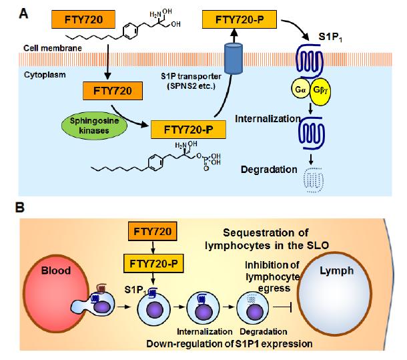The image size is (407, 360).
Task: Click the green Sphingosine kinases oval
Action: tap(94, 126)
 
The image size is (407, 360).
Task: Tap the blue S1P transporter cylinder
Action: tap(234, 59)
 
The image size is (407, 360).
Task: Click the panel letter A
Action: tap(23, 13)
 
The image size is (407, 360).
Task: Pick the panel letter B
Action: tap(20, 208)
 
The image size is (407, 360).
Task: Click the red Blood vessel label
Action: tap(56, 271)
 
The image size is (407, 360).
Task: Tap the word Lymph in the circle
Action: tap(336, 271)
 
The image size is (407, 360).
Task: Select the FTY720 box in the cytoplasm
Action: tap(113, 91)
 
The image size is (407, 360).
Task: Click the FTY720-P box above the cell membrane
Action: tap(240, 19)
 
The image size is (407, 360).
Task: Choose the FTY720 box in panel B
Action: tap(153, 231)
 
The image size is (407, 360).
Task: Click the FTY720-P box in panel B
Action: tap(153, 264)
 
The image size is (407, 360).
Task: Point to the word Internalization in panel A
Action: tap(268, 119)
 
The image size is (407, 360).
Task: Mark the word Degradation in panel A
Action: tap(269, 170)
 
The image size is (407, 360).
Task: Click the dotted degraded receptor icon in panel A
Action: tap(314, 180)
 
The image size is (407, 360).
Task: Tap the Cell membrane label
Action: tap(53, 48)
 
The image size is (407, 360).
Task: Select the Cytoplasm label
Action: tap(45, 75)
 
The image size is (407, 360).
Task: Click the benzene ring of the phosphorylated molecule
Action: tap(155, 162)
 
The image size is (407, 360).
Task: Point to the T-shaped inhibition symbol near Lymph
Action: tap(283, 307)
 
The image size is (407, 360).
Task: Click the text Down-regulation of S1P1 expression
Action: tap(230, 343)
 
